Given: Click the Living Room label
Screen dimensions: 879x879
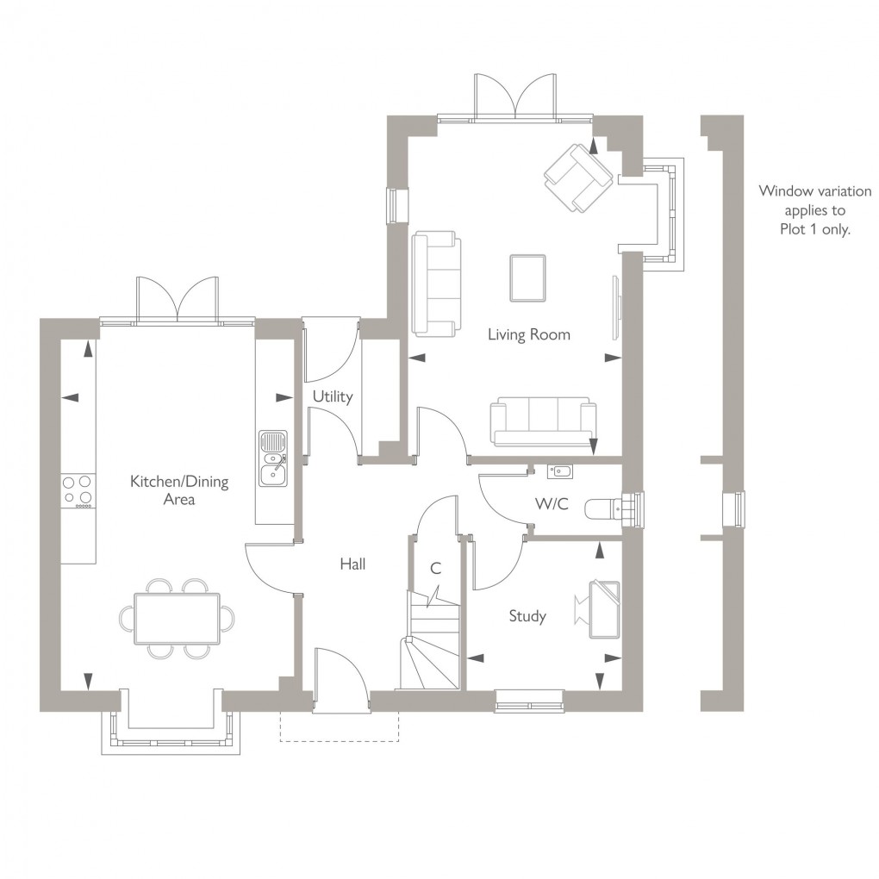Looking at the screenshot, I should pos(528,334).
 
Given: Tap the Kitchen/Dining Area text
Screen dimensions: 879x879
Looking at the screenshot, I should pos(179,489).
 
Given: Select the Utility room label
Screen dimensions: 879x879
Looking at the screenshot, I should pos(333,397).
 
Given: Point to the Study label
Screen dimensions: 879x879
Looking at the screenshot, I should pos(527,616).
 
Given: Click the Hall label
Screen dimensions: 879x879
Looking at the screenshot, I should pos(352,564).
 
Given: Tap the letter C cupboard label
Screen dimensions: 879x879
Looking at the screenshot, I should pos(435,569).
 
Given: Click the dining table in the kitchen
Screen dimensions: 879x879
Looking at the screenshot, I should pos(176,618).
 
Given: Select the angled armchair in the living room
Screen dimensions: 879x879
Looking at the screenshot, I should pos(577,178).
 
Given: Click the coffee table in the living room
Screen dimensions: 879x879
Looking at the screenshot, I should pos(527,278).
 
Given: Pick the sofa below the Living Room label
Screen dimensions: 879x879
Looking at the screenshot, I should pos(543,421).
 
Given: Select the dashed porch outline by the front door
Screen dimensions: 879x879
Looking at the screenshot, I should pos(339,728).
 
